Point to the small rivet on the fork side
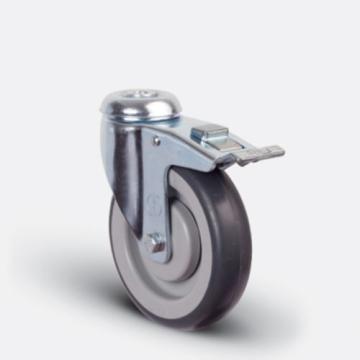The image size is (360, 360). [156, 141]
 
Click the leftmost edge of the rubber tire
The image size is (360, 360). [113, 235]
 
